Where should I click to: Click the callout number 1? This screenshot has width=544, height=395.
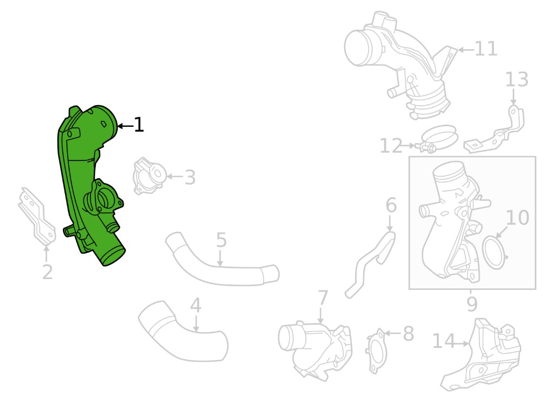click(139, 125)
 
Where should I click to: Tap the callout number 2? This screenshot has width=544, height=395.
click(48, 272)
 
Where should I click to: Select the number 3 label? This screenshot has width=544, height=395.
click(190, 177)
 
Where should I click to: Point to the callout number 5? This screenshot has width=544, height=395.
click(222, 240)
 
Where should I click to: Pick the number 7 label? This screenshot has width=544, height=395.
click(323, 298)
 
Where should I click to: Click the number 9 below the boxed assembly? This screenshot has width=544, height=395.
click(472, 304)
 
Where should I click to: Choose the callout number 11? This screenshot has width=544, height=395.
click(485, 49)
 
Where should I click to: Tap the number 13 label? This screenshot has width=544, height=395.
click(516, 80)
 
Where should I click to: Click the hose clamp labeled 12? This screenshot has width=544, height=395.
click(438, 138)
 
